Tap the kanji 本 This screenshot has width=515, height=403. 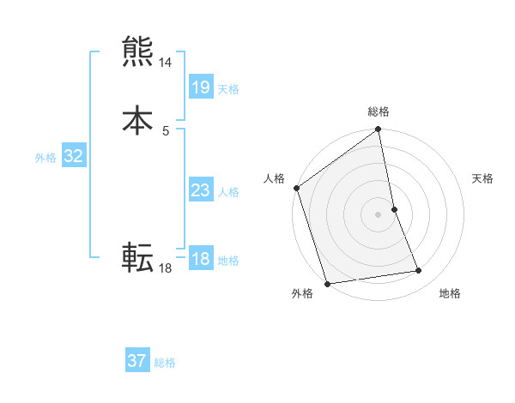click(x=138, y=119)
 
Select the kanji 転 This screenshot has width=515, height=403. click(x=138, y=256)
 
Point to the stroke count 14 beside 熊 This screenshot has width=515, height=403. click(x=166, y=63)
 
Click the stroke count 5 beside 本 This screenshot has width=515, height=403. click(x=166, y=130)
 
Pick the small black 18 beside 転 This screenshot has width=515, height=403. click(x=166, y=268)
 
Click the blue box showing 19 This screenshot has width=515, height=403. click(x=200, y=87)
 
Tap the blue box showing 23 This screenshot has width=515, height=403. click(x=200, y=190)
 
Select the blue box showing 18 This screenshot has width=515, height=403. click(x=200, y=259)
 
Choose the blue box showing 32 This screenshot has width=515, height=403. click(x=74, y=156)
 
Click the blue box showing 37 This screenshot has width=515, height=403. click(x=137, y=361)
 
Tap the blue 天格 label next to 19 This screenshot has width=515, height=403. click(x=228, y=89)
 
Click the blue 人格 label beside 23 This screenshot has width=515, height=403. click(x=228, y=192)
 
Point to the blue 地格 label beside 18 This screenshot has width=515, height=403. click(x=228, y=261)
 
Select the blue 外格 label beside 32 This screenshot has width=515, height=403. click(x=45, y=158)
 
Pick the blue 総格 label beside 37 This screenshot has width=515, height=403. click(x=165, y=363)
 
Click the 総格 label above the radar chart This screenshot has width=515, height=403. click(x=379, y=111)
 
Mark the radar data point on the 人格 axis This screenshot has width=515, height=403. click(x=297, y=188)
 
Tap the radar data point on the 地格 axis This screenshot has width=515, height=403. click(x=419, y=271)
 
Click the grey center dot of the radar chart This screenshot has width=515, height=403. click(x=379, y=214)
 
